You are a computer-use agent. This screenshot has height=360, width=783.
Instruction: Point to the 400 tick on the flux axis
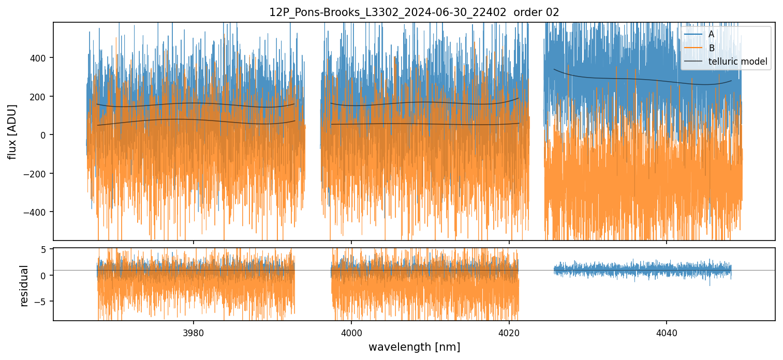[38, 58]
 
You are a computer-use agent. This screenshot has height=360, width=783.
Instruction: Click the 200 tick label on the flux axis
[38, 97]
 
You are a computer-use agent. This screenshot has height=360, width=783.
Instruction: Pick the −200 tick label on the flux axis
[36, 174]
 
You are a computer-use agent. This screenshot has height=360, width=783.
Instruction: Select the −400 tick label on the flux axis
[36, 212]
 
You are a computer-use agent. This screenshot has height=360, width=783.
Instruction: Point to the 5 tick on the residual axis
[43, 249]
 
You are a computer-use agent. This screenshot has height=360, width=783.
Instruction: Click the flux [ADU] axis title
[12, 131]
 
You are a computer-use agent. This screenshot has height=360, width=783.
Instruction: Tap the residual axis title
[24, 286]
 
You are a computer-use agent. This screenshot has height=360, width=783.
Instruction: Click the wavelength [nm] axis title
[414, 347]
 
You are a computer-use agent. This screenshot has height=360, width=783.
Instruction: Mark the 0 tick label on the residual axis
[43, 275]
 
